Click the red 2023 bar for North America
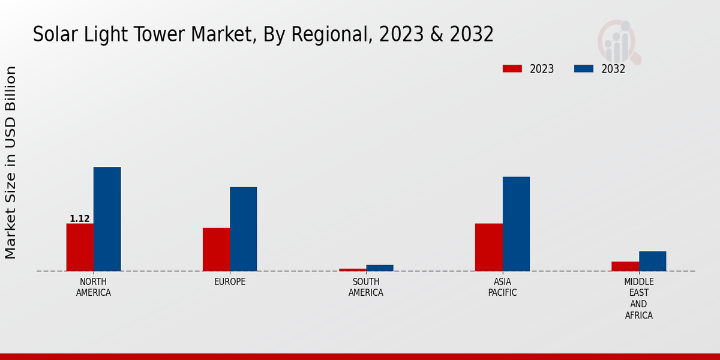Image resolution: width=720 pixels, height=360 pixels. point(80,247)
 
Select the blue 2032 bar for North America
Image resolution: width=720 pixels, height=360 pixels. point(107,219)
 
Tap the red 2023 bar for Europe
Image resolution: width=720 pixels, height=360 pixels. point(216,250)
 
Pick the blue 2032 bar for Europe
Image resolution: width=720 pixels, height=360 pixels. point(243,229)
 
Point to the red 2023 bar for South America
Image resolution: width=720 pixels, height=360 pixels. point(352,269)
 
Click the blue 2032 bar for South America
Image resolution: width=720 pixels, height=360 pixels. point(380,268)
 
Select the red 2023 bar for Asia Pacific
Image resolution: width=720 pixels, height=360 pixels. point(488,247)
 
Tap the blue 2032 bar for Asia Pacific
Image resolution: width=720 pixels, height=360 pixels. point(516,224)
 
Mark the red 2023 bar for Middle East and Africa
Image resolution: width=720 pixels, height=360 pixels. point(625,266)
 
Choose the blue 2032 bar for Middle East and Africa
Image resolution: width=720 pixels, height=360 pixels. point(652,261)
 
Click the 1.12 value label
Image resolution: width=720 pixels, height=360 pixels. point(80,219)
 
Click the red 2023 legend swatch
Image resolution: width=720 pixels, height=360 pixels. point(512,68)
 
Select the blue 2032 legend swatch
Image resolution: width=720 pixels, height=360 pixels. point(583,68)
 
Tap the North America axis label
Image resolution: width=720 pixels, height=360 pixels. point(94,287)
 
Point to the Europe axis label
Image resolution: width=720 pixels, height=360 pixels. point(230,282)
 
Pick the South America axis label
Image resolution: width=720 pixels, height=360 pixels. point(366,287)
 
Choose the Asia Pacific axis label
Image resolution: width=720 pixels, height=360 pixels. point(502,287)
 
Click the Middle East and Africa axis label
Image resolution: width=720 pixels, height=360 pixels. point(638,298)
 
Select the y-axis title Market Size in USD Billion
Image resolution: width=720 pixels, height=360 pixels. point(11,163)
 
